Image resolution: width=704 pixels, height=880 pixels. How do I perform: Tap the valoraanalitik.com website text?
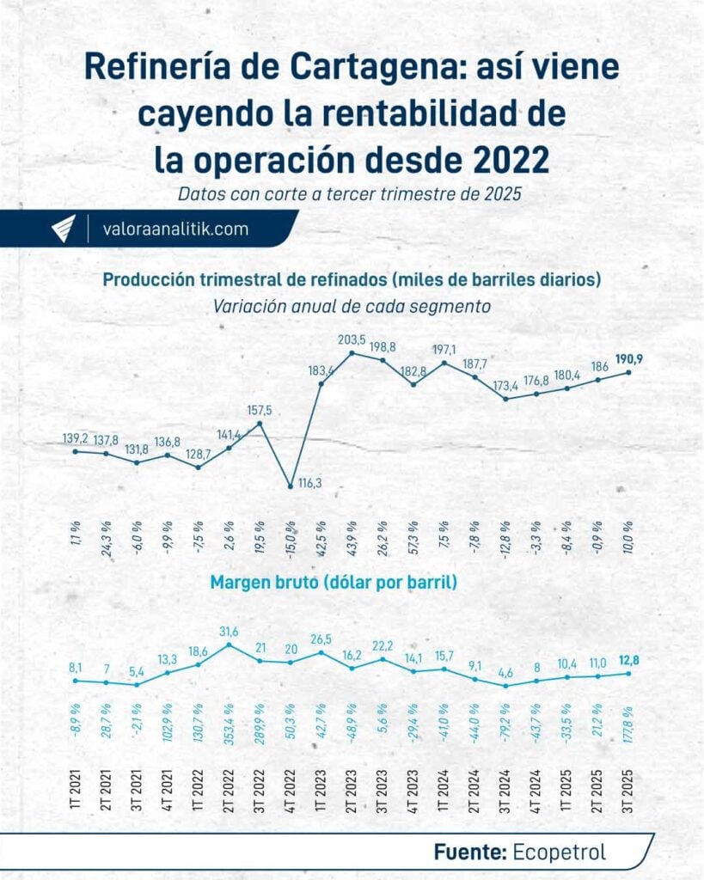(174, 229)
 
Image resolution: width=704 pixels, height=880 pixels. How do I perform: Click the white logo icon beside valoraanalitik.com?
(64, 229)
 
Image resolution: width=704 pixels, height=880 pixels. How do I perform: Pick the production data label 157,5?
(259, 409)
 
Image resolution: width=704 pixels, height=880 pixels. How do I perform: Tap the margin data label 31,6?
(230, 632)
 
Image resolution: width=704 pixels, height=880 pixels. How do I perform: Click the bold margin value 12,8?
(629, 660)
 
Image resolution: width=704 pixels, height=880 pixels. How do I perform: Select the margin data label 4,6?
(505, 673)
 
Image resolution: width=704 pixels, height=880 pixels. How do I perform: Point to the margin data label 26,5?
(321, 639)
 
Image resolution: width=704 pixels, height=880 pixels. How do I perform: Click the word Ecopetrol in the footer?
(559, 852)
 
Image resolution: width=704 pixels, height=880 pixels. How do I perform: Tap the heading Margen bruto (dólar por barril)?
(334, 582)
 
